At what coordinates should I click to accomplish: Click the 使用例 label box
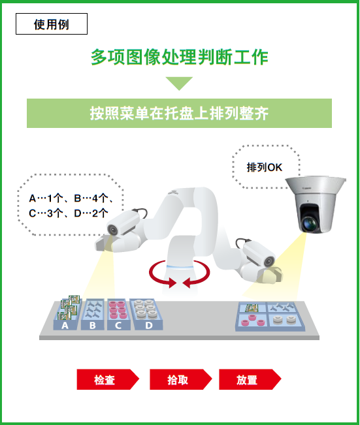coord(52,24)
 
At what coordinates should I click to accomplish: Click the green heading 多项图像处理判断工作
coord(179,57)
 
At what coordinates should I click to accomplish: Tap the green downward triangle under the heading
coord(179,84)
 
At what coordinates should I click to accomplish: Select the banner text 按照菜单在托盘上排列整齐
coord(179,114)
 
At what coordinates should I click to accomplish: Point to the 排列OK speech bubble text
coord(264,167)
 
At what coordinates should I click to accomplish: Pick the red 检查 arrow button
coord(108,379)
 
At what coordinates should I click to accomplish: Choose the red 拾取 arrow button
coord(181,379)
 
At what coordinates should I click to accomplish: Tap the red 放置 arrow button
coord(250,379)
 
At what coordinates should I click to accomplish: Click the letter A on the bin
coord(65,325)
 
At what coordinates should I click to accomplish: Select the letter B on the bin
coord(93,325)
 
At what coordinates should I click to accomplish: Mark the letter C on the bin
coord(118,325)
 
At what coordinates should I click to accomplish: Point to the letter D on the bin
coord(149,325)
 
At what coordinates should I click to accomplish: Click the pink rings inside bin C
coord(118,309)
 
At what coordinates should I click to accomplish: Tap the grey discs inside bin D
coord(145,309)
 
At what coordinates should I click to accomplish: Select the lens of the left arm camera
coord(112,230)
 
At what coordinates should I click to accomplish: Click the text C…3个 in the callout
coord(46,213)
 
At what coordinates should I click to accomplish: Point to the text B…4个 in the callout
coord(91,198)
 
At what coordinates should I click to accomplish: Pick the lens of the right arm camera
coord(269,261)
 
